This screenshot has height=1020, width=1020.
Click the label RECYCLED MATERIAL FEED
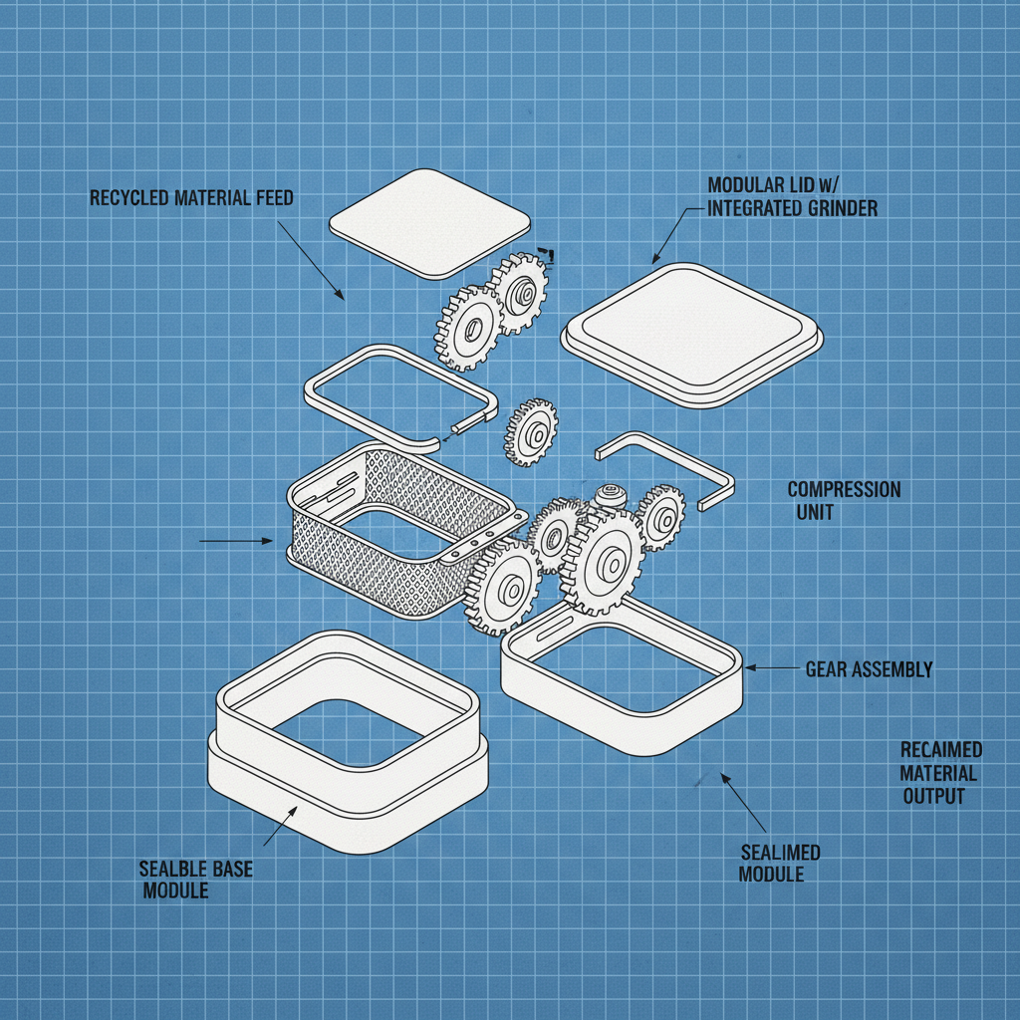coord(191,198)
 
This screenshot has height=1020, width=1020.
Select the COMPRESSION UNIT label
coord(844,500)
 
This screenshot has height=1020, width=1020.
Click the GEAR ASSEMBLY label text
coord(869,669)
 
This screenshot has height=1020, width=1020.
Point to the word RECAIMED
coord(940,750)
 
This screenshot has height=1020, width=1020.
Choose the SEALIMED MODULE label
coord(779,864)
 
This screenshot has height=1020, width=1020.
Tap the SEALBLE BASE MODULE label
coord(196,880)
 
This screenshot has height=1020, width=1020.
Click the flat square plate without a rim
coord(430,224)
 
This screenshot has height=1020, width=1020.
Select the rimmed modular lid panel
coord(692,335)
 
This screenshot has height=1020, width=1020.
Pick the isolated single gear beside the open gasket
coord(532,432)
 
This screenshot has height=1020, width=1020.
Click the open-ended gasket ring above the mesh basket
coord(400,395)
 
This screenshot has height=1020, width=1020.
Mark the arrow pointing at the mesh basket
coord(236,541)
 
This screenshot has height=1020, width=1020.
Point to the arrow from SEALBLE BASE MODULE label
coord(280,826)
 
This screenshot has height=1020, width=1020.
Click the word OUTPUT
coord(933,796)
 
